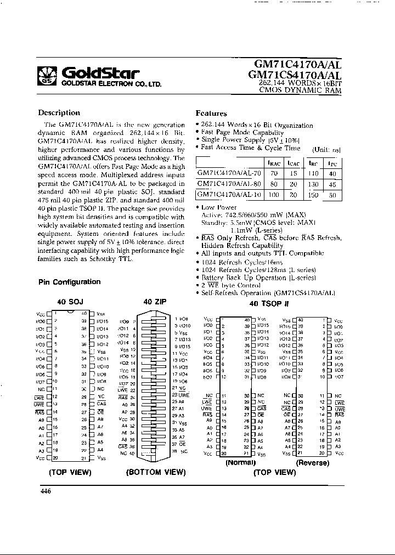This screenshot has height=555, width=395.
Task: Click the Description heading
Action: click(x=59, y=113)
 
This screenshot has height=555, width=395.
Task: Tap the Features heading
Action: click(x=211, y=114)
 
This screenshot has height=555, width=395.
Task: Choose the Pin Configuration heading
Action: click(x=69, y=282)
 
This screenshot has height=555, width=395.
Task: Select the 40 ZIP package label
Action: click(x=155, y=302)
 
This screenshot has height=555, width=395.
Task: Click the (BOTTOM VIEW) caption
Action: click(x=155, y=472)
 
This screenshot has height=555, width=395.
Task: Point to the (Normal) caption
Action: click(x=241, y=462)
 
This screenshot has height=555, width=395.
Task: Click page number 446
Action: click(x=46, y=491)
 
